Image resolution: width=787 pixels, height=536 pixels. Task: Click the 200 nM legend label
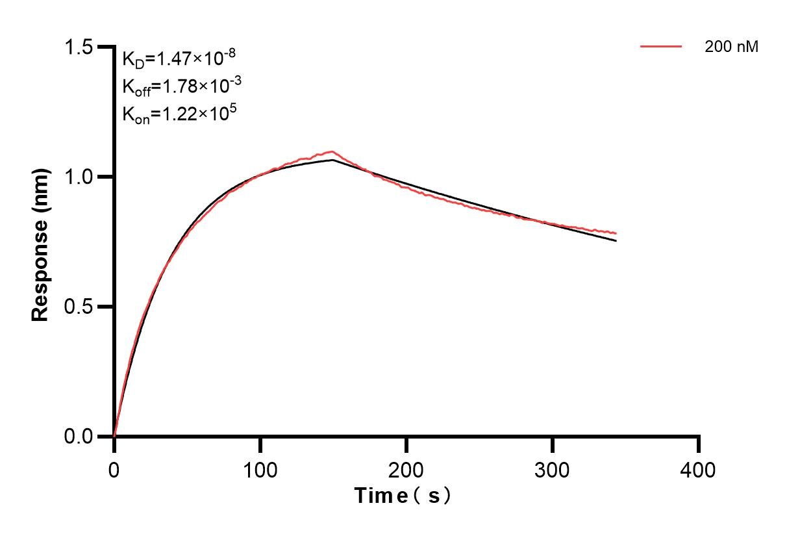click(x=731, y=47)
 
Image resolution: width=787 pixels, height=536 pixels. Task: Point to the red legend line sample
click(x=661, y=47)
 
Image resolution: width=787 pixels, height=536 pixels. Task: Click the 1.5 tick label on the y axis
click(x=79, y=47)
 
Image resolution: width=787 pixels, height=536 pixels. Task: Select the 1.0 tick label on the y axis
click(x=79, y=177)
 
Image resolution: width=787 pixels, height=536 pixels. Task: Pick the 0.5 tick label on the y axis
click(x=79, y=307)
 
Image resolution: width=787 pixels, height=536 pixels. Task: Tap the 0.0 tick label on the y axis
click(x=79, y=436)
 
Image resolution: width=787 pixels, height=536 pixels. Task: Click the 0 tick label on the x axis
click(x=114, y=469)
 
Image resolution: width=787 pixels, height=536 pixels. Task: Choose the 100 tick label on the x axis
click(x=260, y=469)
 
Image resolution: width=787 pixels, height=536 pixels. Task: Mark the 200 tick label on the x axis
click(x=406, y=469)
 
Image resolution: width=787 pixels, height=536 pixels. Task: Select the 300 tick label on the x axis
click(x=553, y=469)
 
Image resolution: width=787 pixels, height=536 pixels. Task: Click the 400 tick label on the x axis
click(x=699, y=469)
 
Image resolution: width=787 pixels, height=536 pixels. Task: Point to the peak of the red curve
click(x=332, y=151)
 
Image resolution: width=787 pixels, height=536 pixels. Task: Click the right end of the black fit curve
click(x=616, y=241)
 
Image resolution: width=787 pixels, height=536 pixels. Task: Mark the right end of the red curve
click(x=616, y=233)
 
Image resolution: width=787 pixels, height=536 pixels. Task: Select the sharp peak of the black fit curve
click(x=333, y=160)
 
